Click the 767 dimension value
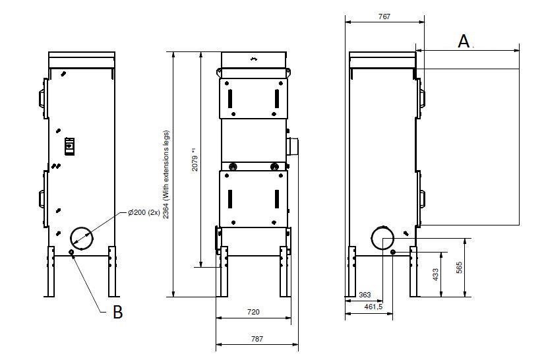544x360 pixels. tap(384, 16)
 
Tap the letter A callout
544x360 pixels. tap(464, 42)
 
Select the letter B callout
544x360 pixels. tap(117, 312)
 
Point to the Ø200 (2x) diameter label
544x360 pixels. tap(144, 212)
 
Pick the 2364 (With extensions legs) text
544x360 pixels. tap(166, 175)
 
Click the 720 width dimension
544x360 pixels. tap(253, 312)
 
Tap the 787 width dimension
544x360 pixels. tap(257, 339)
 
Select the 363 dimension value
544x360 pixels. tap(365, 295)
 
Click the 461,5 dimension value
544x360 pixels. tap(373, 307)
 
